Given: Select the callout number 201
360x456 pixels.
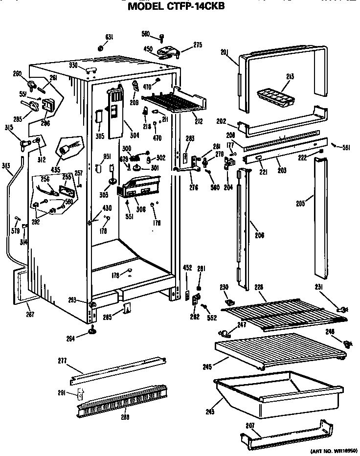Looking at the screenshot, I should click(225, 53).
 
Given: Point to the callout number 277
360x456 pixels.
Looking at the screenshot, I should click(62, 362).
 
